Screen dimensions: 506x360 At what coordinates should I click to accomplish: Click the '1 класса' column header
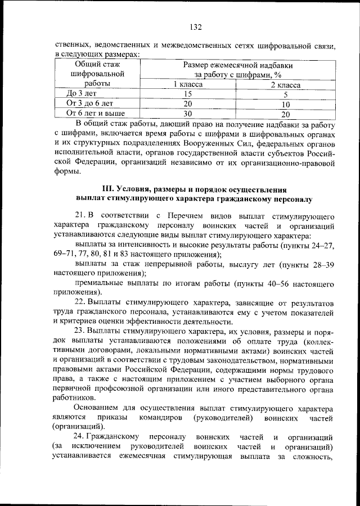(187, 84)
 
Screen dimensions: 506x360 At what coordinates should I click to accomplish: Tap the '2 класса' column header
(285, 84)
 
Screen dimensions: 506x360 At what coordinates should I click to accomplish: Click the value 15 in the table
(187, 94)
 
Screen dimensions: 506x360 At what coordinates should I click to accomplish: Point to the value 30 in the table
(187, 113)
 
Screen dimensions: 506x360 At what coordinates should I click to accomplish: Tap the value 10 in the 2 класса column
(285, 104)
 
